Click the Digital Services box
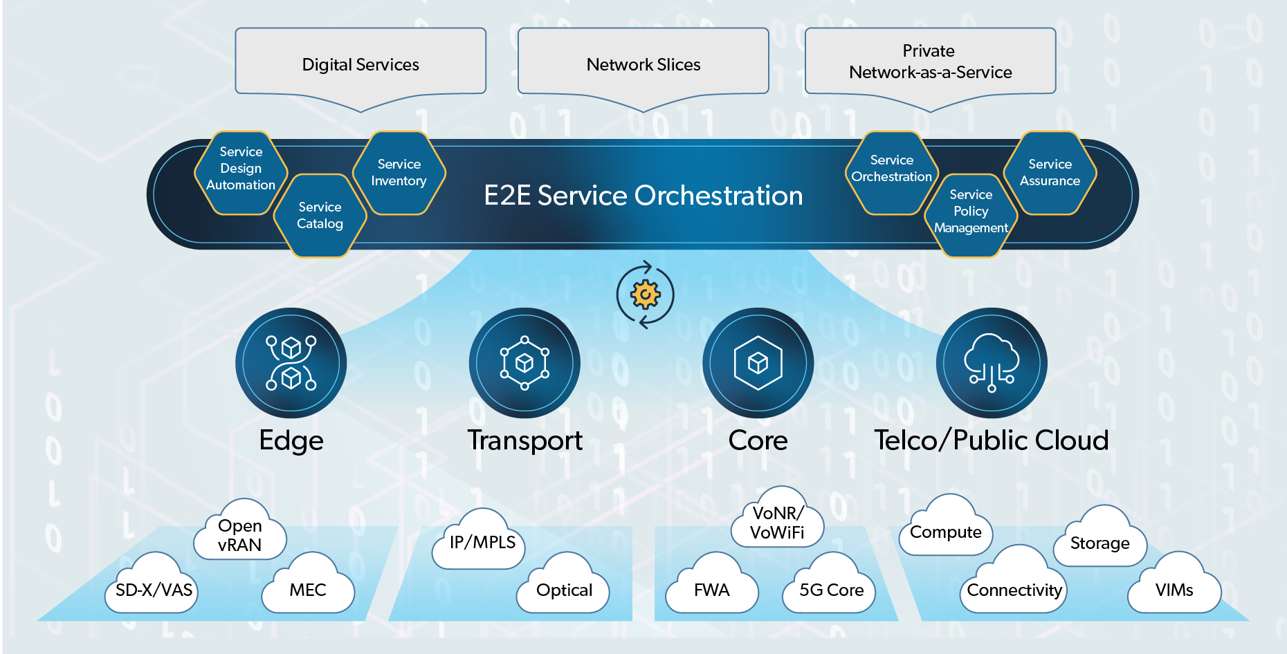click(x=360, y=64)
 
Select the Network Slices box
click(x=643, y=64)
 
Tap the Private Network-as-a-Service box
click(x=930, y=62)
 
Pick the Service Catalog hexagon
click(x=320, y=216)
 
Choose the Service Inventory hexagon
click(x=399, y=173)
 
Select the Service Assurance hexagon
click(x=1050, y=173)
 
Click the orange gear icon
click(x=645, y=295)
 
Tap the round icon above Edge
click(x=291, y=363)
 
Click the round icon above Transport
click(x=524, y=363)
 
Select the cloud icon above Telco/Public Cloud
click(x=992, y=363)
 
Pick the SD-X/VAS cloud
click(x=154, y=588)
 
